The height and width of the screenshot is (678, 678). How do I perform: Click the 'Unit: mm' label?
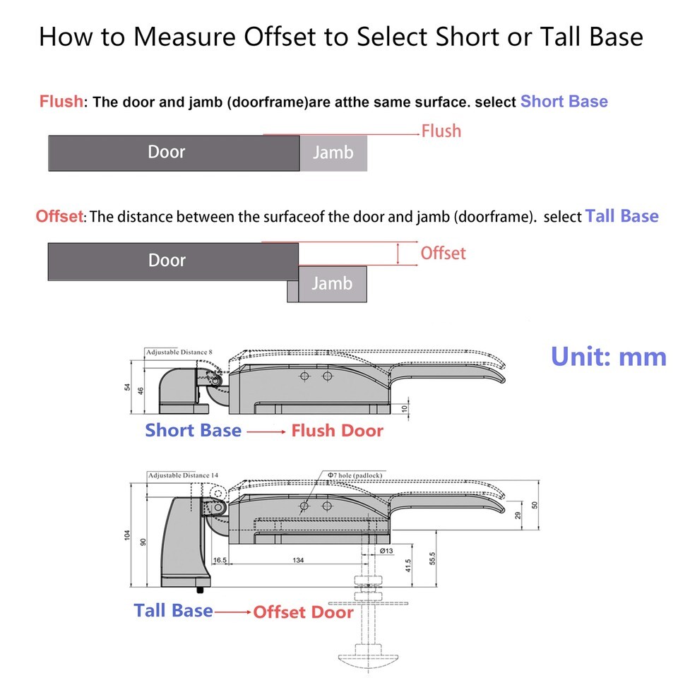coord(608,357)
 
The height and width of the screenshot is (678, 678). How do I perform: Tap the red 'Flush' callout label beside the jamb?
coord(441,131)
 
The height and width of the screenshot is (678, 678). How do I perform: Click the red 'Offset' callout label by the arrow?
coord(444,254)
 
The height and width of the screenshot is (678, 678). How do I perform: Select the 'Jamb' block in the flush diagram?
coord(333,153)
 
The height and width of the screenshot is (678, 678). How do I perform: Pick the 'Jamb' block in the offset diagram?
coord(333,284)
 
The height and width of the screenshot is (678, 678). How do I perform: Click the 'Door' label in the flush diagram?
coord(167,152)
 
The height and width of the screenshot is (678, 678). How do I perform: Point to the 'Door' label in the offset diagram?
coord(167,261)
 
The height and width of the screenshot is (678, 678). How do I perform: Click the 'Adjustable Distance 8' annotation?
coord(179,352)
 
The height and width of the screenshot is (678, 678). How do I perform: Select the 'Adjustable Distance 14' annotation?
coord(184,475)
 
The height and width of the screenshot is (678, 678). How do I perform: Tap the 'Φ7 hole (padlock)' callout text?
coord(355,475)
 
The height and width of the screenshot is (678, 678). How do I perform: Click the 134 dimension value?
coord(298,560)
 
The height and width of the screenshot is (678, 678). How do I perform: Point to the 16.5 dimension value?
coord(220,560)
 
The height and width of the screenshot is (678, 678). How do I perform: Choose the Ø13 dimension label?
coord(386,550)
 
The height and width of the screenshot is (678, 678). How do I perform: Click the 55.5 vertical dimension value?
coord(433,558)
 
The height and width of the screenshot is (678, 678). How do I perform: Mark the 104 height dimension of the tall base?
coord(127,535)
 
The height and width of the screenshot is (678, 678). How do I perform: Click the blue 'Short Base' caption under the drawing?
coord(194,430)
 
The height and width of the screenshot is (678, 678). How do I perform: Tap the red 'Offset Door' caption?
coord(303,612)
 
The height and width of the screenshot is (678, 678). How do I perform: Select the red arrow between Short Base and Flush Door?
coord(266,432)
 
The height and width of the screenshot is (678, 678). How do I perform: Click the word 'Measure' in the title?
coord(184,36)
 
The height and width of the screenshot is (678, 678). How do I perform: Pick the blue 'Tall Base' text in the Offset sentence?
coord(621,216)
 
